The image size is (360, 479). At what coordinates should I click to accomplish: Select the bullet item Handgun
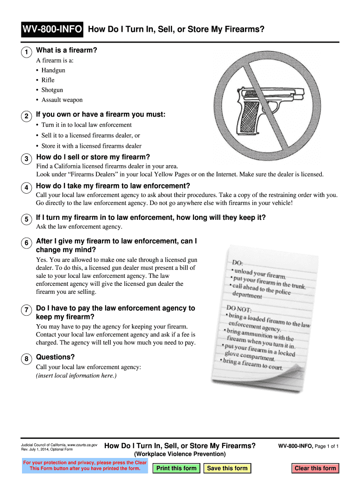[x=53, y=70]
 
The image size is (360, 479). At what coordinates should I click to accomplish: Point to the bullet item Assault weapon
[x=62, y=100]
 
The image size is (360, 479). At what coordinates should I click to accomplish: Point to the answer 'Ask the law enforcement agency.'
[x=79, y=226]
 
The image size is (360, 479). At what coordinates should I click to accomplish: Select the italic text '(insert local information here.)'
[x=76, y=376]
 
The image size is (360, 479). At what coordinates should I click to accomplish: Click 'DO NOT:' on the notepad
[x=239, y=309]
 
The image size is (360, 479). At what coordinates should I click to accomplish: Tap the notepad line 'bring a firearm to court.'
[x=252, y=364]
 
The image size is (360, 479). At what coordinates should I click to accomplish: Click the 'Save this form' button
[x=227, y=468]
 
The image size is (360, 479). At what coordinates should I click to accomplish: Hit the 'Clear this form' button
[x=315, y=468]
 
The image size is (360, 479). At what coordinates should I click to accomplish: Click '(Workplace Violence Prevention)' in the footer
[x=180, y=454]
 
